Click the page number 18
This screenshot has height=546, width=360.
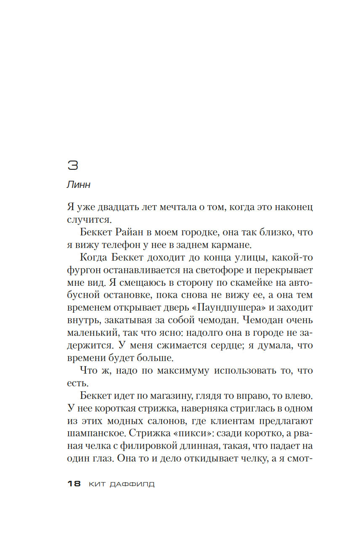(74, 484)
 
